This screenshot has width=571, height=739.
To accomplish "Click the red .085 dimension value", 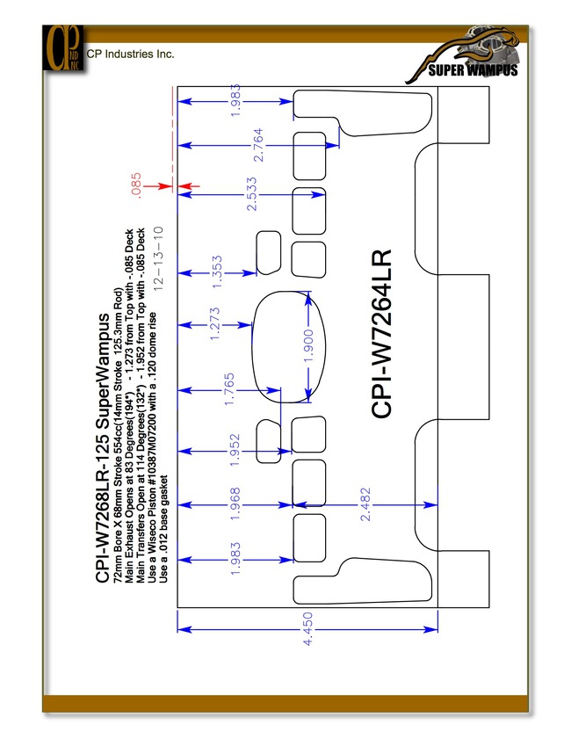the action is pyautogui.click(x=135, y=185).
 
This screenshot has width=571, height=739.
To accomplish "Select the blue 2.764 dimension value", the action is pyautogui.click(x=258, y=145).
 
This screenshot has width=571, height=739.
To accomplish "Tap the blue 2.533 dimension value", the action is pyautogui.click(x=252, y=193).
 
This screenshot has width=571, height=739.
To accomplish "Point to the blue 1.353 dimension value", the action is pyautogui.click(x=217, y=272).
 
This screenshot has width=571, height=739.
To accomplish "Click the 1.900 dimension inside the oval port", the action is pyautogui.click(x=308, y=346).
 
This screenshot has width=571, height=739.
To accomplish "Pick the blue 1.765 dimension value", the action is pyautogui.click(x=229, y=389).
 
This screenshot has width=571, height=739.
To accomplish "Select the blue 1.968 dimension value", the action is pyautogui.click(x=235, y=504).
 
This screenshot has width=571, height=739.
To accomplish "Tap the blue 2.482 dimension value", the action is pyautogui.click(x=365, y=504).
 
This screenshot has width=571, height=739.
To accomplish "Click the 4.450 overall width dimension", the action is pyautogui.click(x=307, y=629).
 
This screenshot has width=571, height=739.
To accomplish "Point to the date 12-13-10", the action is pyautogui.click(x=158, y=258).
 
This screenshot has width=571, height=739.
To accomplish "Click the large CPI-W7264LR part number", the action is pyautogui.click(x=381, y=334).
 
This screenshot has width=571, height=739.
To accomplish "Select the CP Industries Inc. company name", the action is pyautogui.click(x=131, y=54).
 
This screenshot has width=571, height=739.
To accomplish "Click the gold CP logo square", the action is pyautogui.click(x=63, y=48).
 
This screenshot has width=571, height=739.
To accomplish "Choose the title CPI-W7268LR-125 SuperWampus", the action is pyautogui.click(x=103, y=448).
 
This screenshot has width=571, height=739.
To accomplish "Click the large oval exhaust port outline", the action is pyautogui.click(x=252, y=346).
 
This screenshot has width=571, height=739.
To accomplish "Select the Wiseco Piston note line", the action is pyautogui.click(x=152, y=448).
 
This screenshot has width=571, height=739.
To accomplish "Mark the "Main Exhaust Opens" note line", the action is pyautogui.click(x=129, y=406).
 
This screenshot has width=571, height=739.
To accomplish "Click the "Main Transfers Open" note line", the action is pyautogui.click(x=141, y=406).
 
